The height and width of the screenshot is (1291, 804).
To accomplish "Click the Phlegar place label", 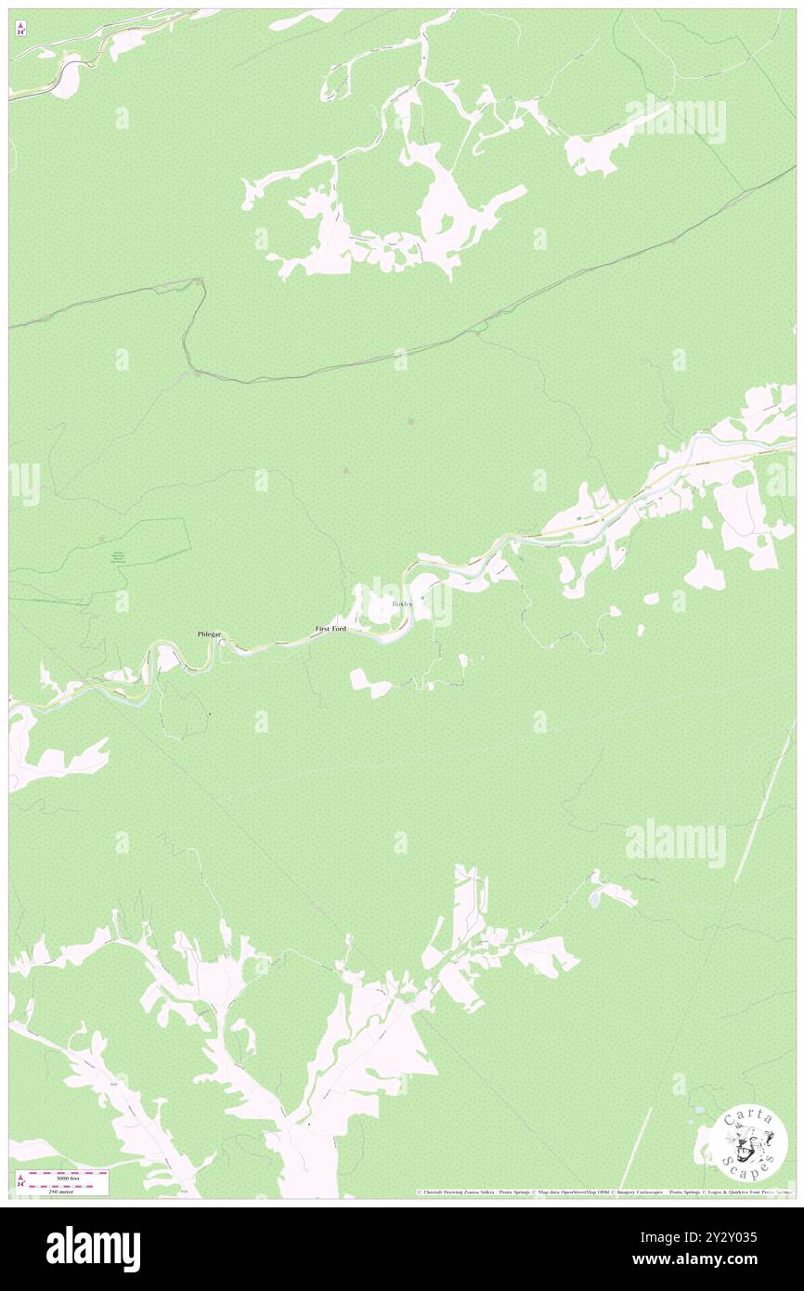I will tap(209, 633).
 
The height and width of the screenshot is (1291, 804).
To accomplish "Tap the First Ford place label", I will tap(331, 629).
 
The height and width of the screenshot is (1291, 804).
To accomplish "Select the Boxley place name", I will tap(402, 604).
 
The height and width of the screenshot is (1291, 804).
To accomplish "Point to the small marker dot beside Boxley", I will tap(425, 598).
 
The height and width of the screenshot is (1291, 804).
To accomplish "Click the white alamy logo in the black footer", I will tap(93, 1249).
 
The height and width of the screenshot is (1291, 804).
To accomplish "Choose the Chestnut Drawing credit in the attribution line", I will tap(446, 1193).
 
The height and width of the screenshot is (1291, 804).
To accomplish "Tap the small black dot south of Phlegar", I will tap(210, 713).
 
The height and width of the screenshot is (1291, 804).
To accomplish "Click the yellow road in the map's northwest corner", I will tap(37, 89).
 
